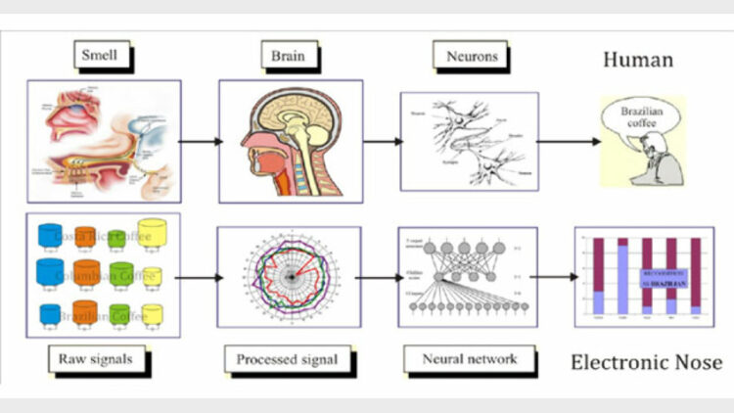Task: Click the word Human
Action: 637,60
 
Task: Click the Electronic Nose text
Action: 646,363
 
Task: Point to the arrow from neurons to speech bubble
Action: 569,141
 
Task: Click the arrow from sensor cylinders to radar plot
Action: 198,277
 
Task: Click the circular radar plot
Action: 287,277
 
